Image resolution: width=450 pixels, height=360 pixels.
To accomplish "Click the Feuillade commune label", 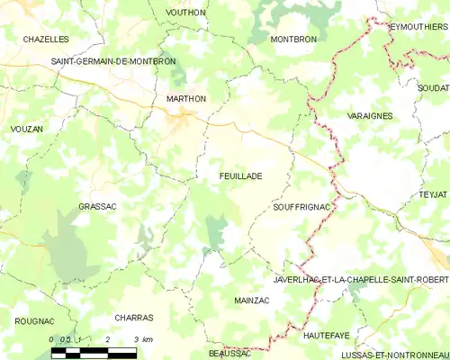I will [x=240, y=176].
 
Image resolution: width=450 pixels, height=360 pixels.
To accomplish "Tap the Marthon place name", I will [x=186, y=99].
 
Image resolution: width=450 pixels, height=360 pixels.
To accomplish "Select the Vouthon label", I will [x=186, y=13].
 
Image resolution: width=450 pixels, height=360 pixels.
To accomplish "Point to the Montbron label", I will [x=294, y=40].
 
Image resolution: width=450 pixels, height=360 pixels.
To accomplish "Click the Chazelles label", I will [x=46, y=40].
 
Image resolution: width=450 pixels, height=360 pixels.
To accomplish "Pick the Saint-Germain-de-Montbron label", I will [x=113, y=61].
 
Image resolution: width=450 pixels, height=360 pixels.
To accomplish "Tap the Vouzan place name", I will [x=26, y=130].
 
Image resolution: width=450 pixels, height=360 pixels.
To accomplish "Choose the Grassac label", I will [x=98, y=206].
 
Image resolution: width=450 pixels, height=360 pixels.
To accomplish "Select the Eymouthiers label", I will [x=418, y=27].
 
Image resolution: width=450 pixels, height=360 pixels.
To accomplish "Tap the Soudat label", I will [x=433, y=88].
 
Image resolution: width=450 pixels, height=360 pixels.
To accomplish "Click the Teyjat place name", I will [x=433, y=194].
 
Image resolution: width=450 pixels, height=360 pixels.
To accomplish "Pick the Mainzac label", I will [x=252, y=299].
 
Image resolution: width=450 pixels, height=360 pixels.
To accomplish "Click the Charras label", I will [x=134, y=318].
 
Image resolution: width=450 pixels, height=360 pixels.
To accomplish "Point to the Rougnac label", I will [x=34, y=321].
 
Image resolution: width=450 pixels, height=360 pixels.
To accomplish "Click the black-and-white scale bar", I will [x=94, y=352].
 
